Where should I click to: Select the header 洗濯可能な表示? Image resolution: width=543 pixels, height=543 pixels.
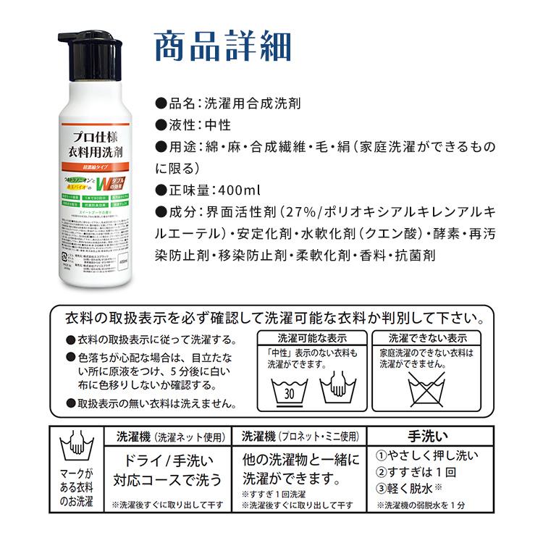coord(311,337)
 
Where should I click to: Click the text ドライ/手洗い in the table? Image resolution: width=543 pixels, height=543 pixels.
coord(168,460)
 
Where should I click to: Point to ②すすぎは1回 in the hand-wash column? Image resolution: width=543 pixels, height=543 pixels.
coord(414,471)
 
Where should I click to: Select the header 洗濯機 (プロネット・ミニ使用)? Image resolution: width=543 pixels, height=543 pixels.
coord(300,437)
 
